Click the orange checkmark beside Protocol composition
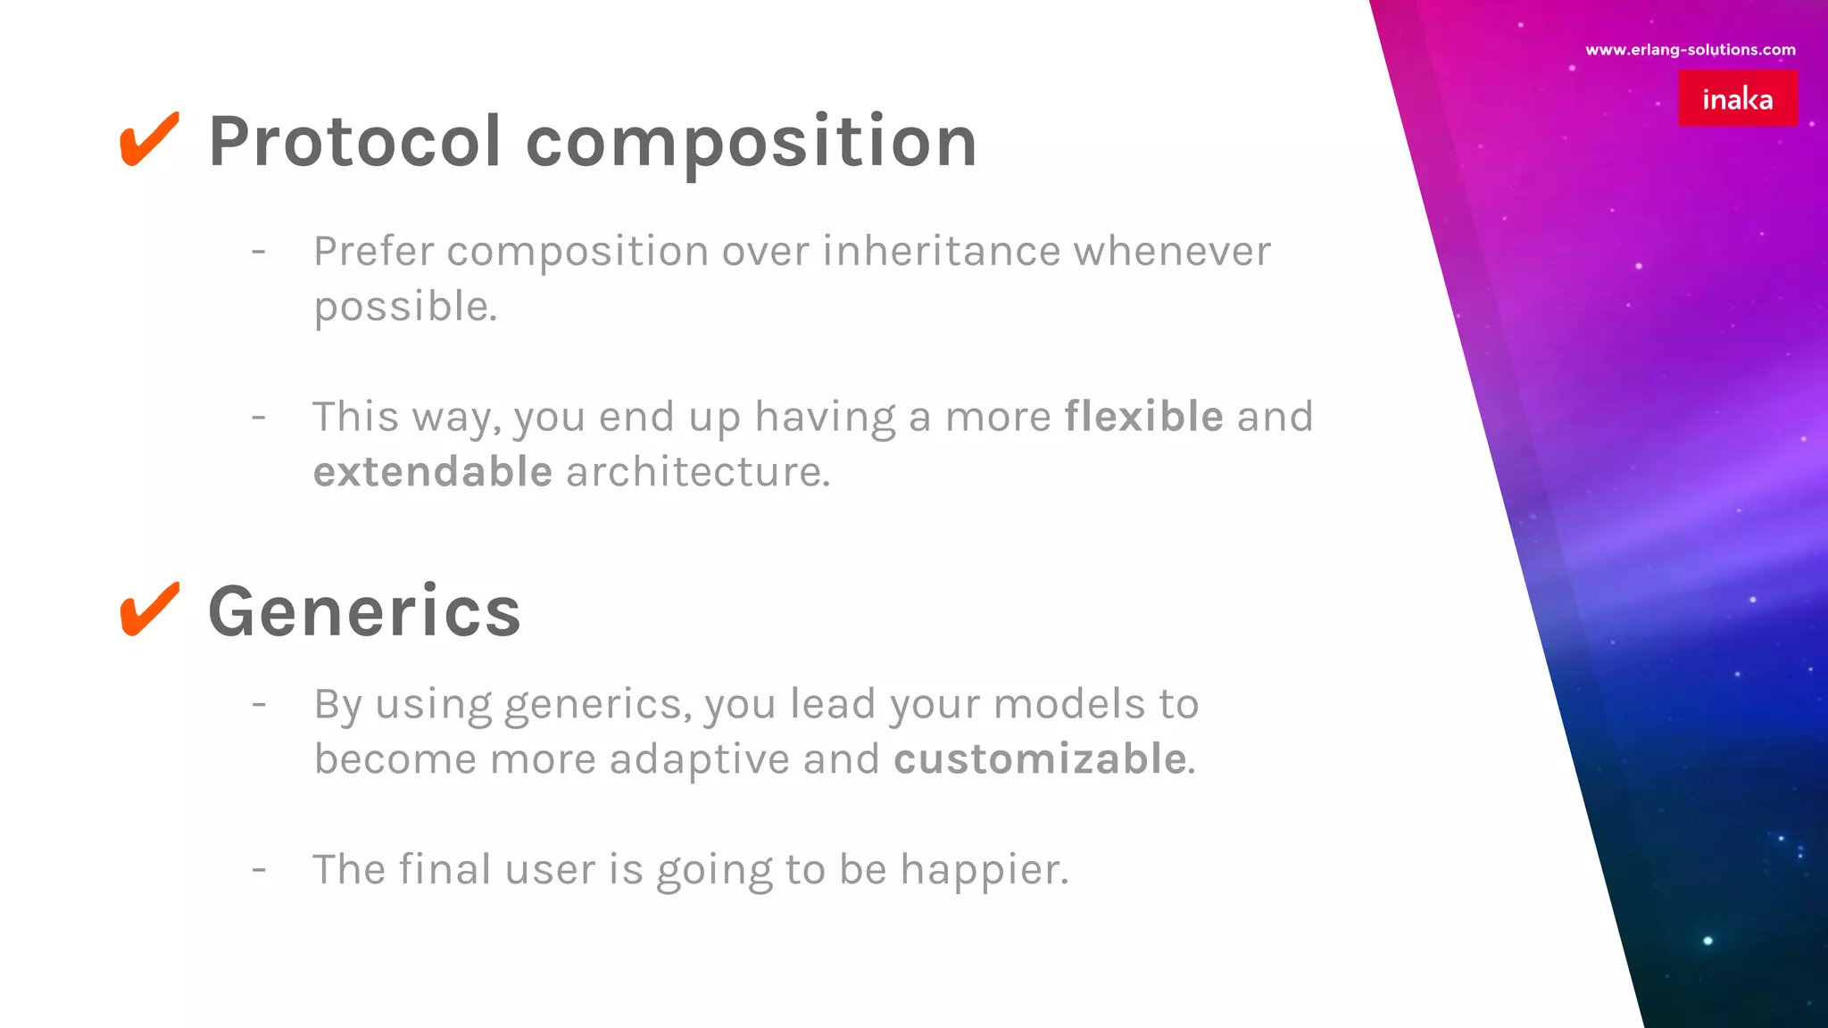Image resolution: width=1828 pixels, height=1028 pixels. click(149, 140)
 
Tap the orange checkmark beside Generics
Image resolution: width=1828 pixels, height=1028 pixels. click(149, 610)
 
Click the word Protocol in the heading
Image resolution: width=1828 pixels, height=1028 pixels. click(354, 142)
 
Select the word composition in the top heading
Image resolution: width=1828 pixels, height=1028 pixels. click(752, 143)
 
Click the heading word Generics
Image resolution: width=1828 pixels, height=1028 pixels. click(364, 612)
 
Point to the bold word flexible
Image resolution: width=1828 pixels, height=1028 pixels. click(1143, 417)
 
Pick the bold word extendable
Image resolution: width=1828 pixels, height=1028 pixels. click(433, 471)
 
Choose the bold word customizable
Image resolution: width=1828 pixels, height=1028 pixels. click(1040, 759)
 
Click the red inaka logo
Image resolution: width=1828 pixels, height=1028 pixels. click(1737, 98)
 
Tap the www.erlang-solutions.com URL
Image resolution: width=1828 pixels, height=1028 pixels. click(1690, 50)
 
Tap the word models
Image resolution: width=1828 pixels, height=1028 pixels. click(1068, 704)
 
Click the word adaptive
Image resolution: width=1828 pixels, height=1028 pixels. click(699, 759)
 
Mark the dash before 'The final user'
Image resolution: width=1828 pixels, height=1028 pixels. click(259, 868)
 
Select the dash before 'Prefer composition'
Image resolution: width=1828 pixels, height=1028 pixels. click(259, 252)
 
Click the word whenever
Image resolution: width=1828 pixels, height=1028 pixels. click(1172, 251)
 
